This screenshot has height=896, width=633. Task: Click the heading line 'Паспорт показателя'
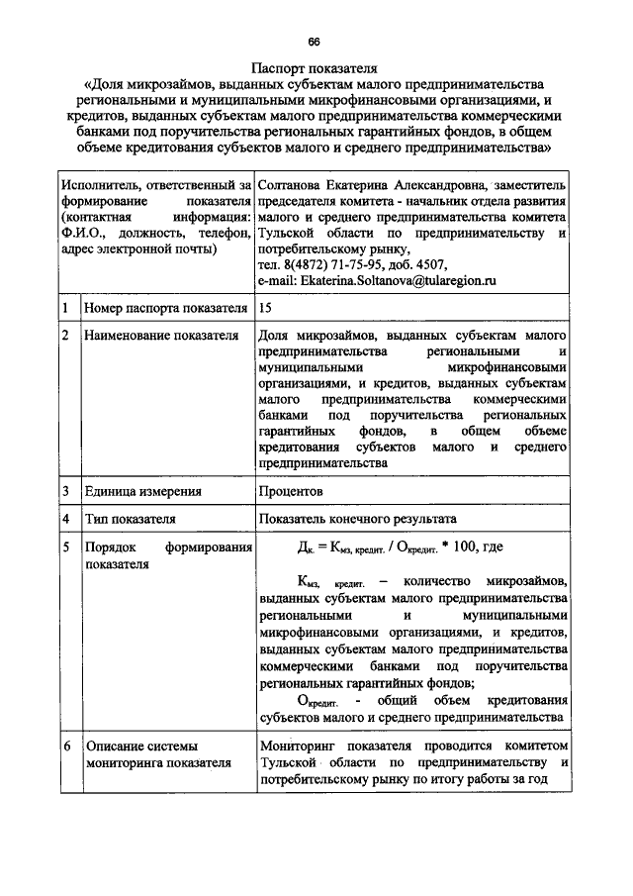tap(315, 70)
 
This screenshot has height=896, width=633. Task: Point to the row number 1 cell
tap(64, 309)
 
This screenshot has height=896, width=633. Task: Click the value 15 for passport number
tap(264, 309)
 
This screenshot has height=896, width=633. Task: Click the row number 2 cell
tap(64, 337)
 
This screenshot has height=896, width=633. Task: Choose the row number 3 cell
tap(64, 490)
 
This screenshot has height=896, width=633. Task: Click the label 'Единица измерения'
tap(143, 490)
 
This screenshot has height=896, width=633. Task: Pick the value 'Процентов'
tap(290, 490)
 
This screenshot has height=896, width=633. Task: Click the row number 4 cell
tap(64, 518)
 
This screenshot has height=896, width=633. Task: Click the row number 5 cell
tap(64, 547)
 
